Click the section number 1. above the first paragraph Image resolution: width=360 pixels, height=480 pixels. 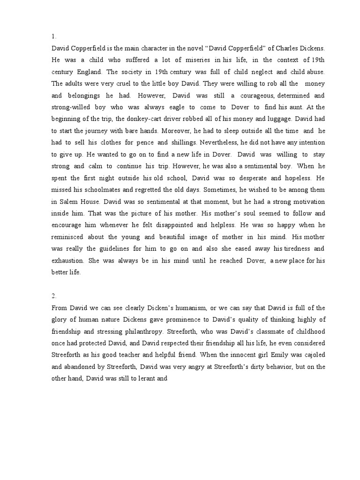(54, 37)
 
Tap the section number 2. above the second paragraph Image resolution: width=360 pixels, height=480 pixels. (54, 296)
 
